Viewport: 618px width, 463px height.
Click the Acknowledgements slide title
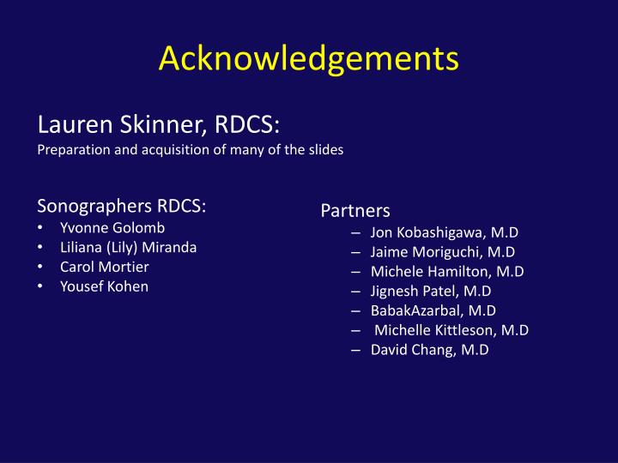coord(309,59)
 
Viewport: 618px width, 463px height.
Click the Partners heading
coord(355,210)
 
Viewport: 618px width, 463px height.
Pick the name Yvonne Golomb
coord(112,228)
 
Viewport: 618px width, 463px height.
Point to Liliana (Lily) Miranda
coord(128,247)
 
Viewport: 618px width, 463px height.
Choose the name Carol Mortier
coord(104,267)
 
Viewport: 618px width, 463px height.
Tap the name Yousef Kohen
coord(104,286)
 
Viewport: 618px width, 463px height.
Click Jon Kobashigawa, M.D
coord(445,232)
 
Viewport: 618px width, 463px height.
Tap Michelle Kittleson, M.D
coord(451,330)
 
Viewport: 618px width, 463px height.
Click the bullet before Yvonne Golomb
coord(43,229)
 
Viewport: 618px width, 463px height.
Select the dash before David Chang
coord(355,350)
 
